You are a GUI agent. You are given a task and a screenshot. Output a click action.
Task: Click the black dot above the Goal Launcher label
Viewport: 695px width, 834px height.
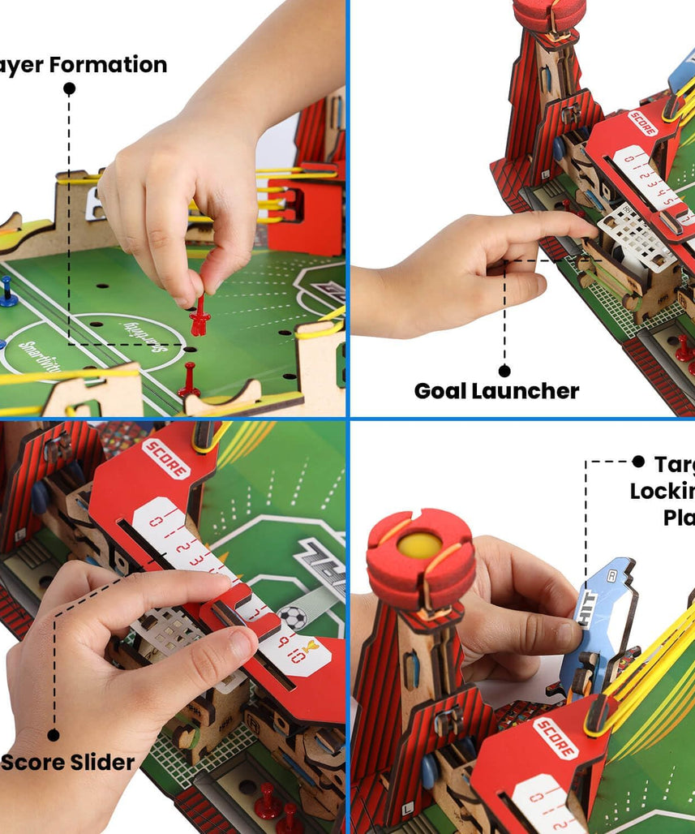504,370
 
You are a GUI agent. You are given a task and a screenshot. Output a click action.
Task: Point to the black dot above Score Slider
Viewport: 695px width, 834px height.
54,735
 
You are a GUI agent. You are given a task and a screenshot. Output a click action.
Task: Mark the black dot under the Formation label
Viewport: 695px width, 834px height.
69,88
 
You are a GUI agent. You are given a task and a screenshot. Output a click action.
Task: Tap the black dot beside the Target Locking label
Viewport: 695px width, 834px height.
638,462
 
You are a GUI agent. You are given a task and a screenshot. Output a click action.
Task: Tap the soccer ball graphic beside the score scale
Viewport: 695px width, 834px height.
294,617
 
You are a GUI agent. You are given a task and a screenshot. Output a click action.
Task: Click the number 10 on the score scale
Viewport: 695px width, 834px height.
298,656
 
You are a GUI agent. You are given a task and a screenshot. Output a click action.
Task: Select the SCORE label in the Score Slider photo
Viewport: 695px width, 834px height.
165,459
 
